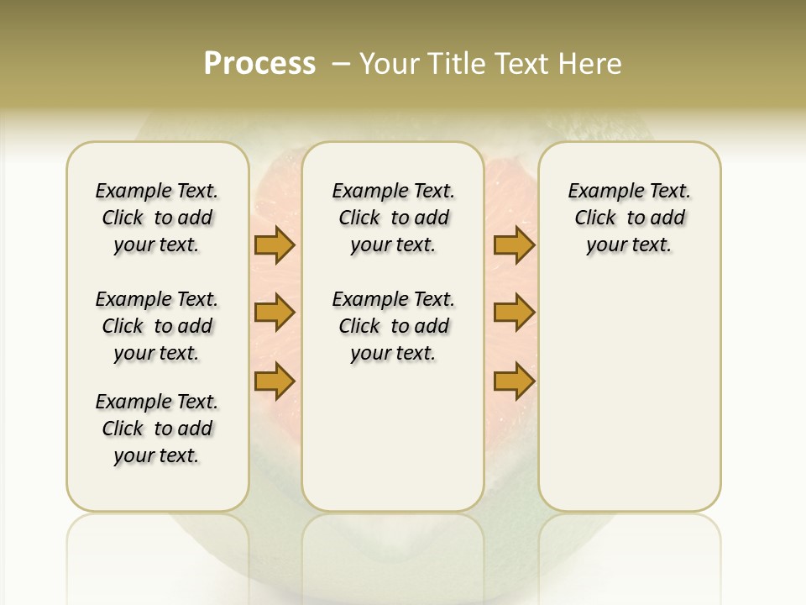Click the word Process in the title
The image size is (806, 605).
(259, 64)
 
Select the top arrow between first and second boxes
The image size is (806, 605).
(275, 245)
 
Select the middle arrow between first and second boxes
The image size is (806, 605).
(275, 313)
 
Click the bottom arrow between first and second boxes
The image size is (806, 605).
(275, 381)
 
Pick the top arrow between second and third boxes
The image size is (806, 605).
(514, 245)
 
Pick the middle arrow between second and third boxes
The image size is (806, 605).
(514, 313)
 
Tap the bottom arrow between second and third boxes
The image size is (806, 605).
(514, 381)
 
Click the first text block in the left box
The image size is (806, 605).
(157, 218)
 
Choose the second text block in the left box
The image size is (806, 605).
(157, 326)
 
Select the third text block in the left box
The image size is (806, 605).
(157, 429)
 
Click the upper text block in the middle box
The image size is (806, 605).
(393, 218)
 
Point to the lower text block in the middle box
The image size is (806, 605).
(393, 326)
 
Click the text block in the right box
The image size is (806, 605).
(629, 218)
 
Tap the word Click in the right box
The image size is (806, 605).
(595, 218)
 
